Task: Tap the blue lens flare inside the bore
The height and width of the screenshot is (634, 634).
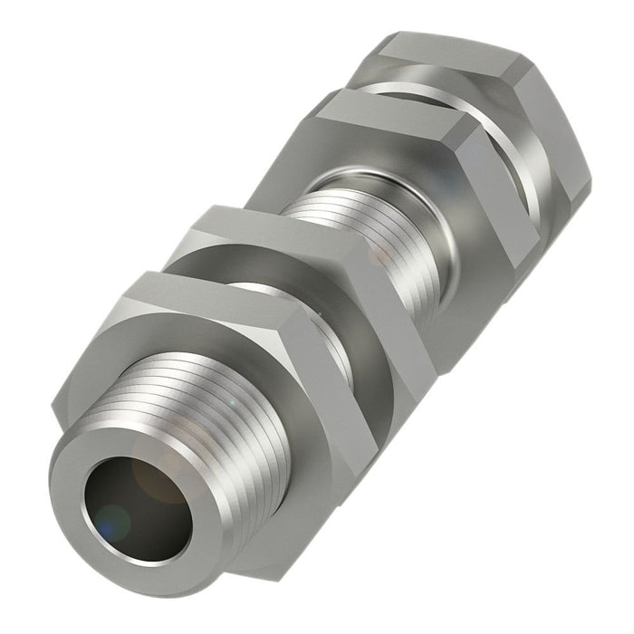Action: pyautogui.click(x=112, y=522)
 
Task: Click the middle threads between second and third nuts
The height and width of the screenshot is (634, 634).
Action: pyautogui.click(x=362, y=226)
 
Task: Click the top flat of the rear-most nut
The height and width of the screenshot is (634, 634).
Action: pyautogui.click(x=453, y=50)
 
